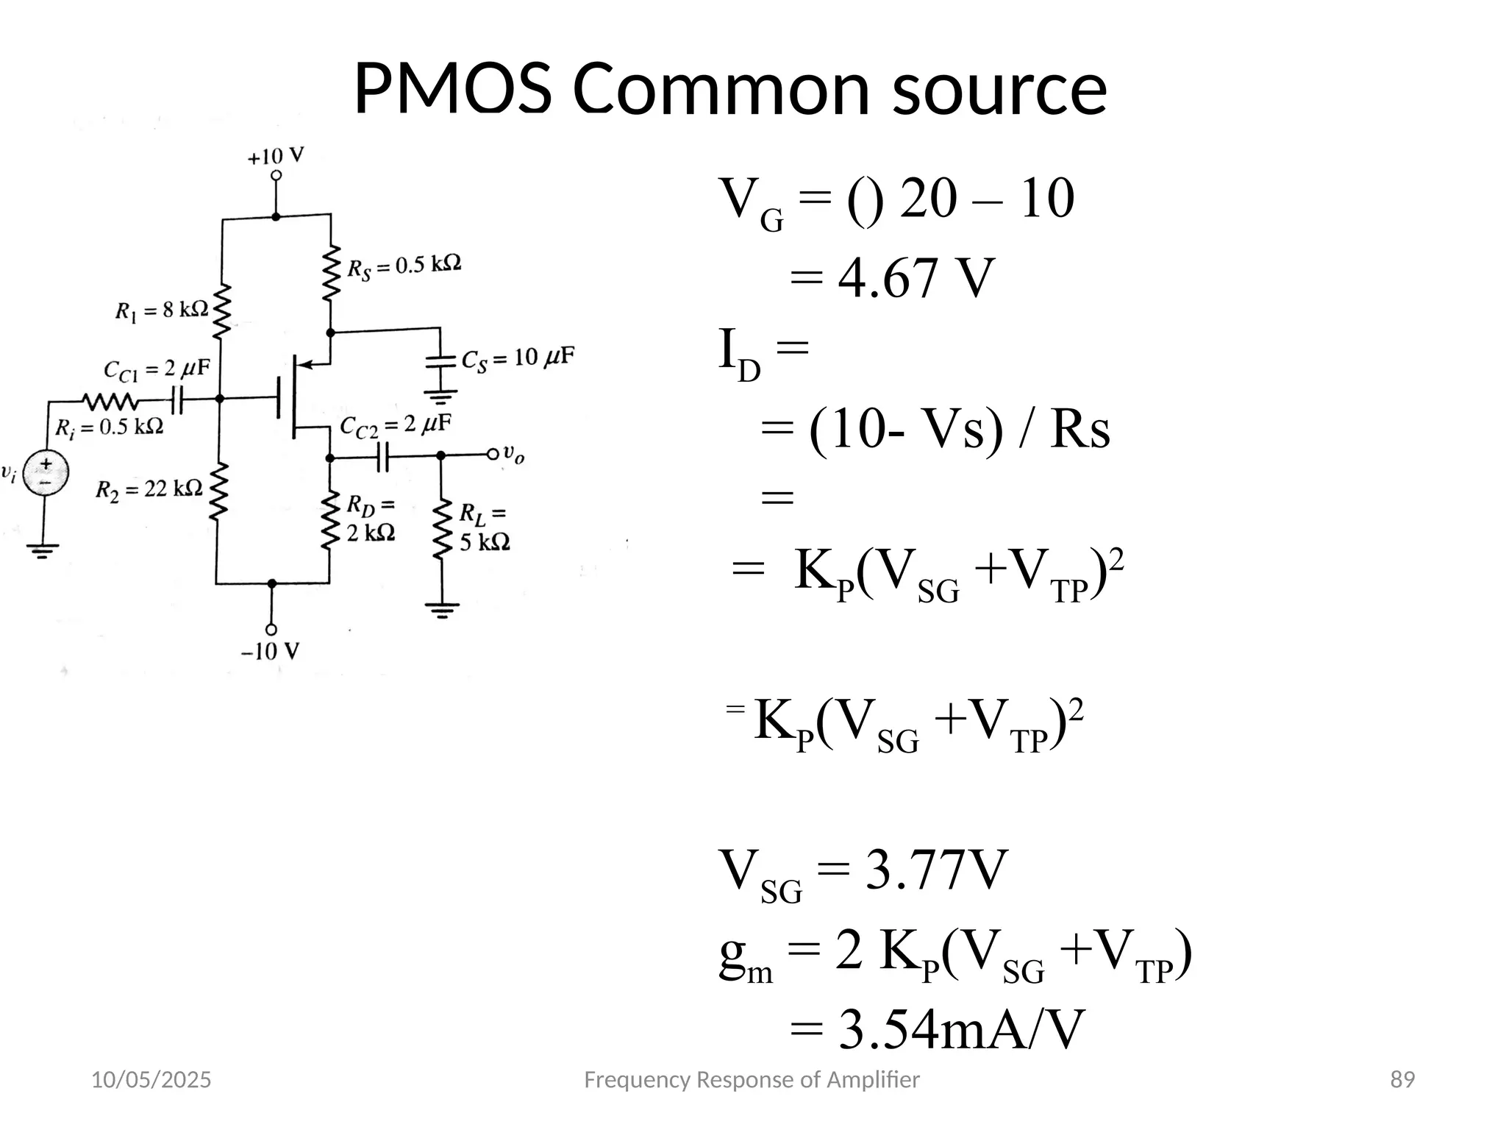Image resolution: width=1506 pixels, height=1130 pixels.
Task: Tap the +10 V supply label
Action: pos(276,157)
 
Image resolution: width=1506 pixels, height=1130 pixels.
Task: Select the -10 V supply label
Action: pos(271,651)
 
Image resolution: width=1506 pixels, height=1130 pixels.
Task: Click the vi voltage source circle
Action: pos(46,472)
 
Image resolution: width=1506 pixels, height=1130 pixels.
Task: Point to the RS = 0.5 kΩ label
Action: pos(404,266)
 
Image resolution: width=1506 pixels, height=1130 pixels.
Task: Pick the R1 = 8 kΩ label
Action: pos(161,310)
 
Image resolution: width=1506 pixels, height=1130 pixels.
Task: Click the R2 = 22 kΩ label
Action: pos(149,488)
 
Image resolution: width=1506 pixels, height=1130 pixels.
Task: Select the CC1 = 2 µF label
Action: pos(157,369)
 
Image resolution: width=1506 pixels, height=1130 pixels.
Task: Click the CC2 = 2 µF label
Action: pos(395,426)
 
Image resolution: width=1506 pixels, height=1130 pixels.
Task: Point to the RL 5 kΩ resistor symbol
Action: pos(441,530)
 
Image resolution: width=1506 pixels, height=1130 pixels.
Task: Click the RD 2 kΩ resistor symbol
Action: pos(329,522)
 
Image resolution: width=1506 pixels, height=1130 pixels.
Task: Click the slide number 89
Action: pos(1402,1080)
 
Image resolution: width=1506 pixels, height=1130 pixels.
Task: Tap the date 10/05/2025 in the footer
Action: pos(151,1080)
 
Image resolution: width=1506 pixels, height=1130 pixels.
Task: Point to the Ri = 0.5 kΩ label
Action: pos(110,427)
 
